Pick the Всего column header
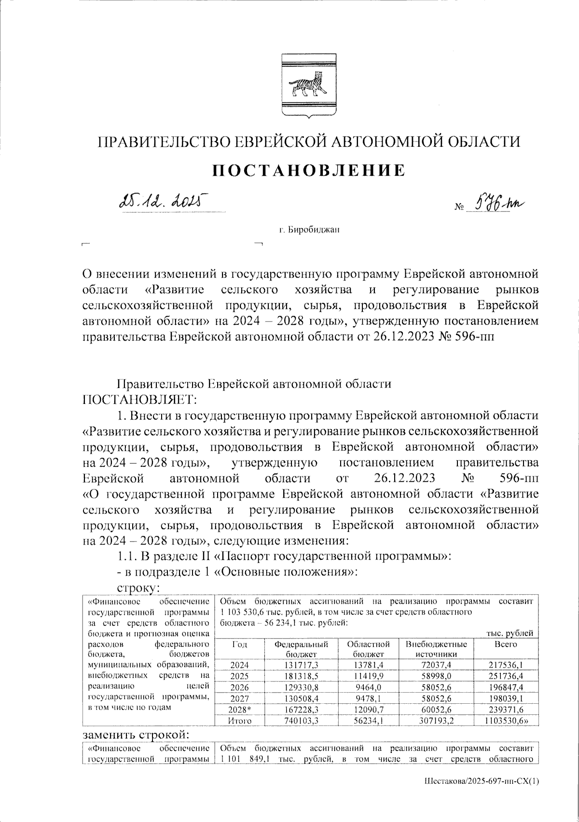(x=506, y=644)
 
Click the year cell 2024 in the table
(x=239, y=665)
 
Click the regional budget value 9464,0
(x=368, y=686)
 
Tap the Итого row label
(x=239, y=721)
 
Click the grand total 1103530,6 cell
(x=505, y=721)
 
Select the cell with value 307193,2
(x=436, y=721)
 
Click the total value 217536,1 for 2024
(x=506, y=665)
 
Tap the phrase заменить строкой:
(x=136, y=735)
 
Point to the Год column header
(x=239, y=644)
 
